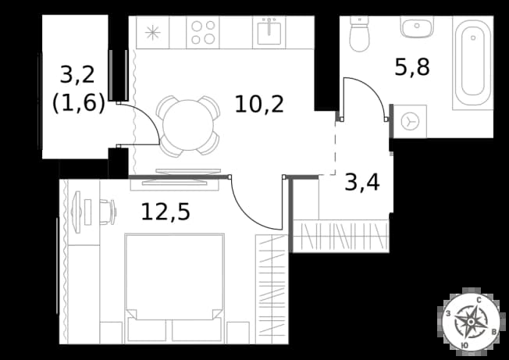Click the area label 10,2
click(259, 105)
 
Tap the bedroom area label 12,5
click(166, 212)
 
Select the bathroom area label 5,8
click(412, 67)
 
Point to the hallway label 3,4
click(362, 183)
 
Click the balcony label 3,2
click(77, 75)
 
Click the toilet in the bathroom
click(359, 34)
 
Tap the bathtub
click(473, 62)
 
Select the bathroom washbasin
click(417, 27)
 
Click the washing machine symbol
click(410, 121)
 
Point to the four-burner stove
click(203, 33)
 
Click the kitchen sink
click(269, 32)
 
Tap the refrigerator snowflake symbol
click(152, 33)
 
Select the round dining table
click(188, 125)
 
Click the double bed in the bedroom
click(175, 287)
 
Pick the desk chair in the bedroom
click(108, 212)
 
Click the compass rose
click(471, 322)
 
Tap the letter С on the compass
click(479, 301)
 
